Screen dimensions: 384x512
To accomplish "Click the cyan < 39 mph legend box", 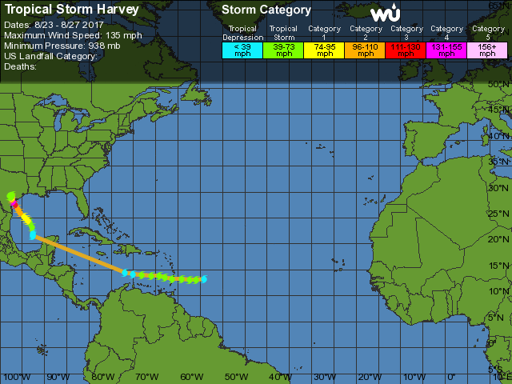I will pyautogui.click(x=242, y=50).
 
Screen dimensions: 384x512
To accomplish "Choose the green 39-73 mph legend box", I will pyautogui.click(x=284, y=50).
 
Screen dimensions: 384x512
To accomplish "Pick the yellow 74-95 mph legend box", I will pyautogui.click(x=325, y=50).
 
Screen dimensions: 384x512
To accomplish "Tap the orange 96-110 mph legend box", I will pyautogui.click(x=366, y=50).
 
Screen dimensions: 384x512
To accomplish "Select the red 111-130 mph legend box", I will pyautogui.click(x=406, y=50).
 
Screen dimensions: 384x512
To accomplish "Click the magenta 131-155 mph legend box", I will pyautogui.click(x=446, y=50).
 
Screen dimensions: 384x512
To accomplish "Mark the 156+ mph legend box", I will pyautogui.click(x=486, y=50).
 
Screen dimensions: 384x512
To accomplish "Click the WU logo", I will pyautogui.click(x=386, y=14).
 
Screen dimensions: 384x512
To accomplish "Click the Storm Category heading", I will pyautogui.click(x=266, y=10).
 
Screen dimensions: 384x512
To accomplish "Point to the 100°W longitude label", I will pyautogui.click(x=12, y=377).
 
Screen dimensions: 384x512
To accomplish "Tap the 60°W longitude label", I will pyautogui.click(x=190, y=377).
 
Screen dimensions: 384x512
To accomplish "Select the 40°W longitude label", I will pyautogui.click(x=280, y=377).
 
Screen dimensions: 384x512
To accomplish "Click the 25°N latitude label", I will pyautogui.click(x=500, y=214).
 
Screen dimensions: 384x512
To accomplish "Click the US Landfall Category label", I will pyautogui.click(x=50, y=56).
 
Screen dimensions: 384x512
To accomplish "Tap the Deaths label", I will pyautogui.click(x=20, y=66).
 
